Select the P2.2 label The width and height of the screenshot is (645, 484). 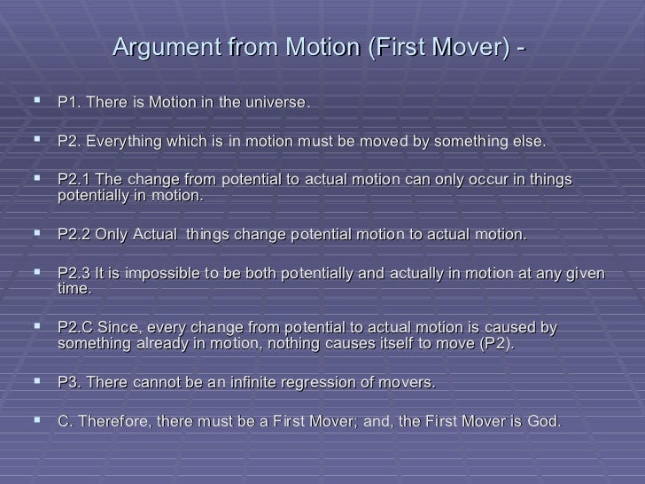74,235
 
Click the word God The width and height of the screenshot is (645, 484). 542,422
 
